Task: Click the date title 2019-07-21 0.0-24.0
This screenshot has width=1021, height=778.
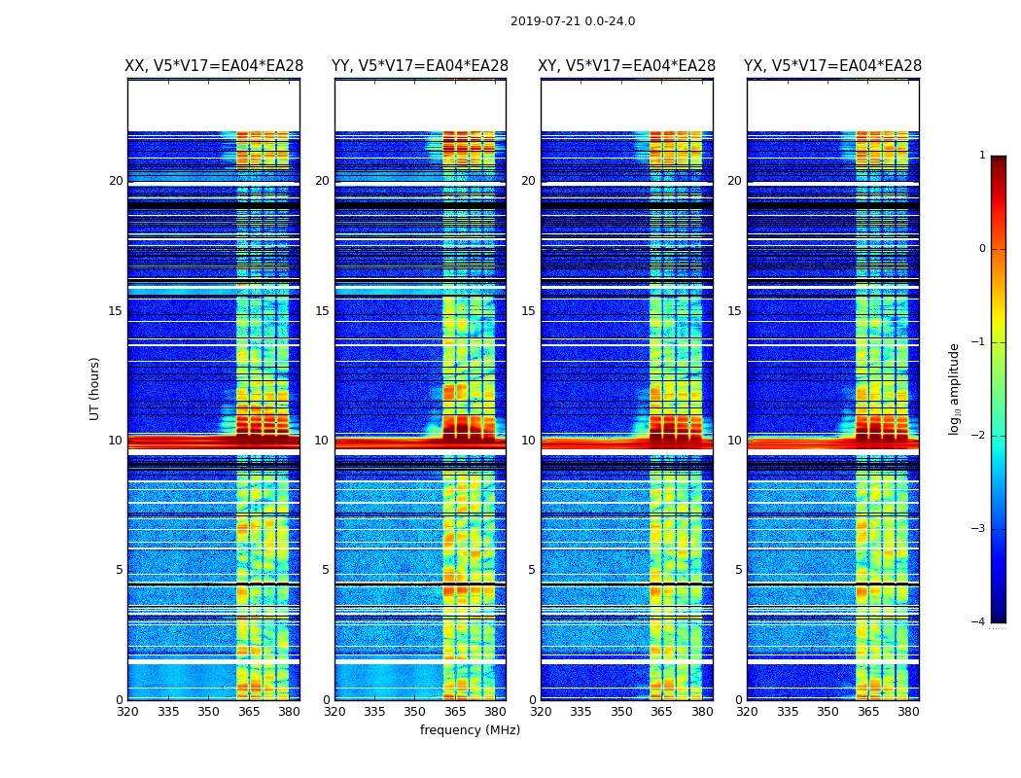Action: point(573,21)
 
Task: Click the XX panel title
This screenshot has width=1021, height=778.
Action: point(214,66)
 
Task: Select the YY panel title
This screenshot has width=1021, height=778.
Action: point(420,66)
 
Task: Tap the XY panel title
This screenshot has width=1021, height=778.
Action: point(627,66)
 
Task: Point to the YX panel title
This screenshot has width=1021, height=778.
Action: point(833,66)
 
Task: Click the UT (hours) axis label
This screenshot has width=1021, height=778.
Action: point(95,388)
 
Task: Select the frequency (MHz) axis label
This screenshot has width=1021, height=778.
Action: point(470,730)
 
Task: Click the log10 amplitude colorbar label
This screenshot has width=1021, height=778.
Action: point(955,388)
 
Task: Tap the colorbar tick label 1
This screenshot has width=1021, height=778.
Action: point(982,156)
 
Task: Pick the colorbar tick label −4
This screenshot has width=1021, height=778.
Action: point(979,622)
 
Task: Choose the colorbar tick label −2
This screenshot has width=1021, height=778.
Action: point(979,436)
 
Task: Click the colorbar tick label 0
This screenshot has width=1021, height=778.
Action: point(982,249)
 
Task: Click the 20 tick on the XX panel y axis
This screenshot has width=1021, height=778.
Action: point(116,181)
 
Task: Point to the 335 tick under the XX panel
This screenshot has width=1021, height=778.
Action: point(168,712)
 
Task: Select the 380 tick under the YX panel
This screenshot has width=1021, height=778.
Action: point(908,712)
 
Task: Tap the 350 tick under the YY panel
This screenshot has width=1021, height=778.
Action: point(415,712)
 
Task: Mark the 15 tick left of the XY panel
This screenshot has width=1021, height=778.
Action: point(528,311)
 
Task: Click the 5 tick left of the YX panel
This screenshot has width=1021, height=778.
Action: point(738,570)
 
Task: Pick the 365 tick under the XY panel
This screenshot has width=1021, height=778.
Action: point(662,712)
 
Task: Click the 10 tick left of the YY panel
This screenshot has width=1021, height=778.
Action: point(322,441)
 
